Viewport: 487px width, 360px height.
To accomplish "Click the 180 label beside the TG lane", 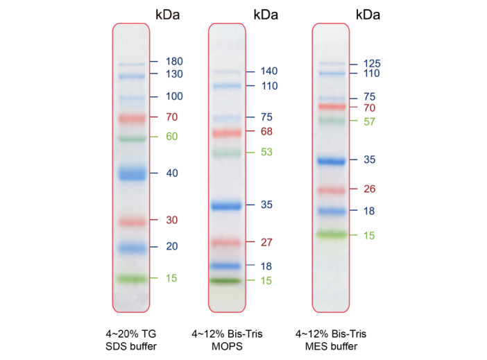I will pyautogui.click(x=173, y=62).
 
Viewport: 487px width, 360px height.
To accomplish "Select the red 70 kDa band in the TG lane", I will pyautogui.click(x=132, y=119).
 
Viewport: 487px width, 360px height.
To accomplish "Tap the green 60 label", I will pyautogui.click(x=172, y=137).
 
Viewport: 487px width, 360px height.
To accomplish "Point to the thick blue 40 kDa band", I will pyautogui.click(x=132, y=173).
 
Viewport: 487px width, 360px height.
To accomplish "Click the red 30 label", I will pyautogui.click(x=172, y=221).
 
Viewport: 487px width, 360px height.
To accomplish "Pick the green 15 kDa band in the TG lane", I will pyautogui.click(x=132, y=279).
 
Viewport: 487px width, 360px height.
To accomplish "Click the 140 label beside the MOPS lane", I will pyautogui.click(x=269, y=71).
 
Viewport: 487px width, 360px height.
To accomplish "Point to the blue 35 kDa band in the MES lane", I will pyautogui.click(x=332, y=161).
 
